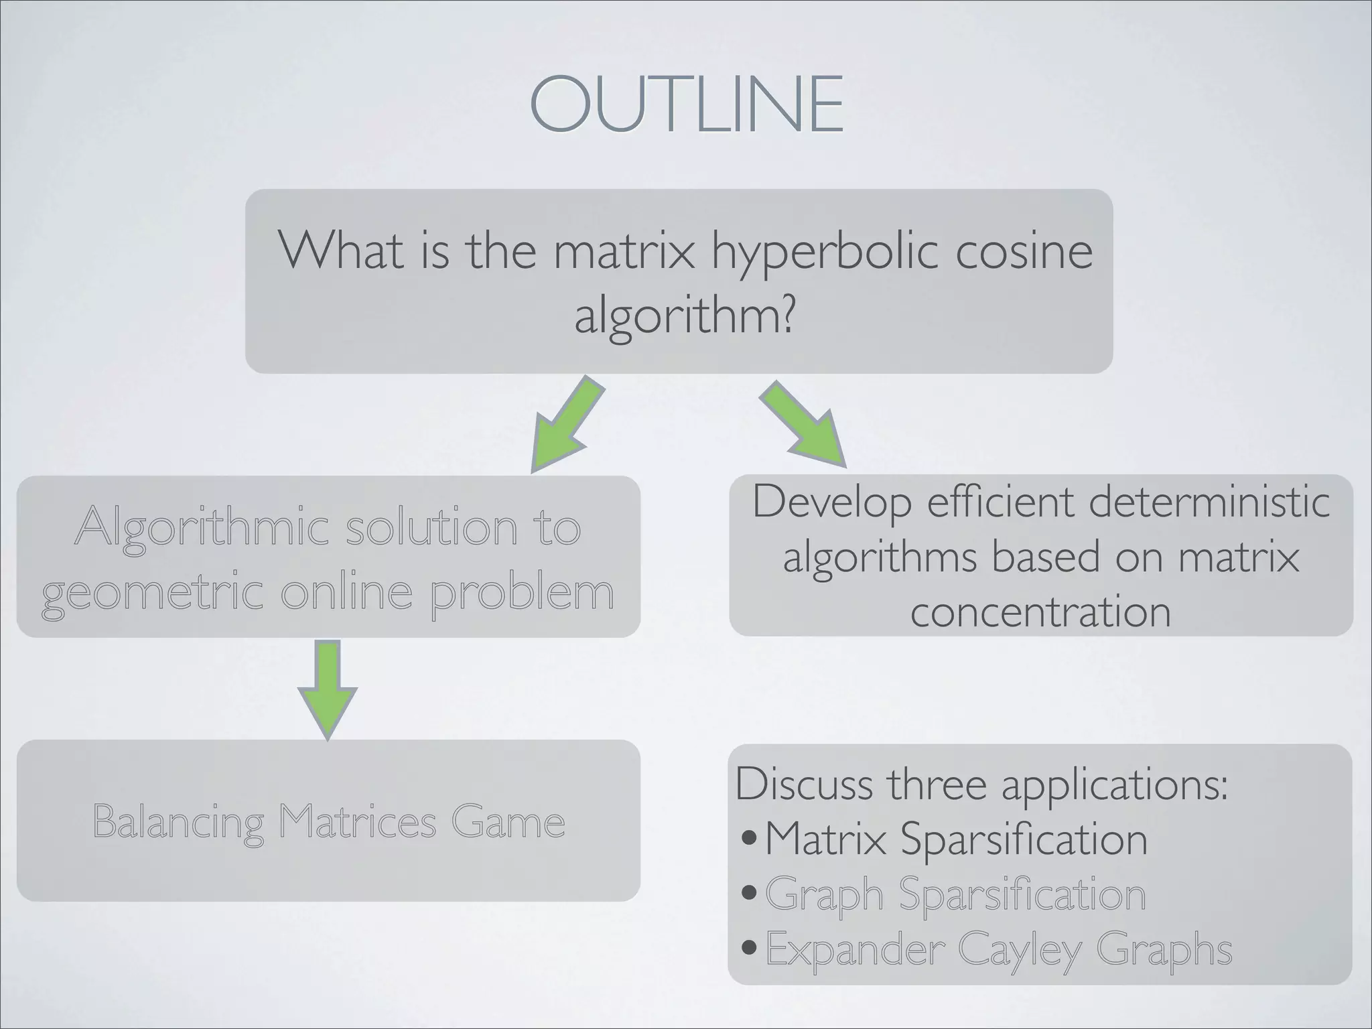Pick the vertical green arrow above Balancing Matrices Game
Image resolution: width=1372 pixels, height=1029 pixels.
coord(328,689)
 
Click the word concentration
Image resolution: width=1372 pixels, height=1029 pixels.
coord(1040,612)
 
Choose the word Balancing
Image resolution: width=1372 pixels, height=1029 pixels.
coord(178,823)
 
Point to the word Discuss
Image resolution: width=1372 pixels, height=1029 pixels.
coord(804,784)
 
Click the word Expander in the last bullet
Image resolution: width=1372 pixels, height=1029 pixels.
coord(854,949)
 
